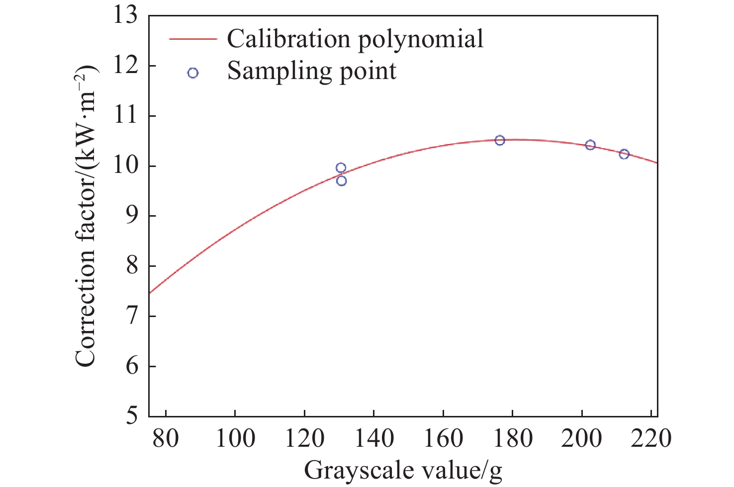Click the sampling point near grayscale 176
point(500,140)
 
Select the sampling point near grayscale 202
point(590,145)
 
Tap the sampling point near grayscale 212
point(624,154)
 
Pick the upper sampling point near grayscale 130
point(341,168)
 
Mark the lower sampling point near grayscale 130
point(341,181)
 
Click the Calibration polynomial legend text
point(355,39)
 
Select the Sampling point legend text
point(312,71)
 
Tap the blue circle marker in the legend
point(193,73)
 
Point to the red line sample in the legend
point(193,39)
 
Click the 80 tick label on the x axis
point(165,438)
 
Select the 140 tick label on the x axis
point(373,438)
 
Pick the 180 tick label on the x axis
point(512,438)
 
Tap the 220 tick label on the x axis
point(651,438)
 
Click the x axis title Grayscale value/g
point(403,470)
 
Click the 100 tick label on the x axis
point(234,438)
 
